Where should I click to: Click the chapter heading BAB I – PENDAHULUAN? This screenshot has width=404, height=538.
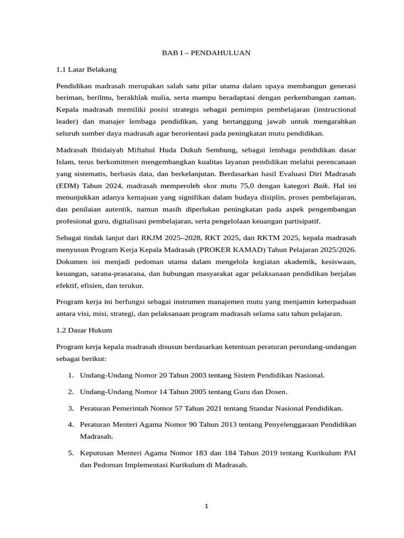(x=205, y=53)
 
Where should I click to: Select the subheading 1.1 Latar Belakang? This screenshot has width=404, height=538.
(x=86, y=69)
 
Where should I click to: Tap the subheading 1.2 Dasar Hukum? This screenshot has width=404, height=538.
(x=84, y=330)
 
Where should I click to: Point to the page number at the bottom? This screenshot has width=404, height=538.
(x=206, y=506)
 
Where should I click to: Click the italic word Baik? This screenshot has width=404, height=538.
(x=321, y=185)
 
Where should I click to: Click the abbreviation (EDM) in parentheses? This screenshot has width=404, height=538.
(x=67, y=185)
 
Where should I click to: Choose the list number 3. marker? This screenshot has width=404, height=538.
(x=70, y=408)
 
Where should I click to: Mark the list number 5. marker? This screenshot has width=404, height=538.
(x=70, y=452)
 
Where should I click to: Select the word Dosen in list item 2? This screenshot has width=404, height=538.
(x=277, y=391)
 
